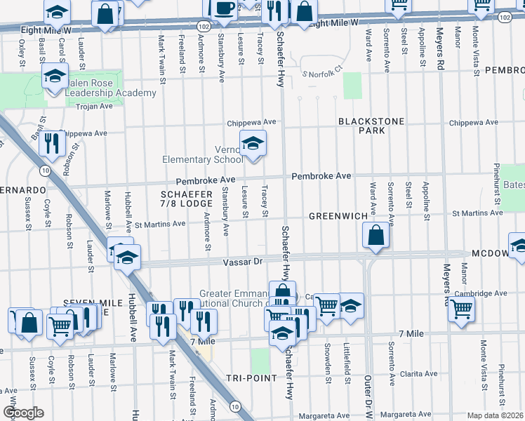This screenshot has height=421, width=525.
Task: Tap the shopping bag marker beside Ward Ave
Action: point(376,236)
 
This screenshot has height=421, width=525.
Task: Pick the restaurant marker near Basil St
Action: point(52,143)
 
